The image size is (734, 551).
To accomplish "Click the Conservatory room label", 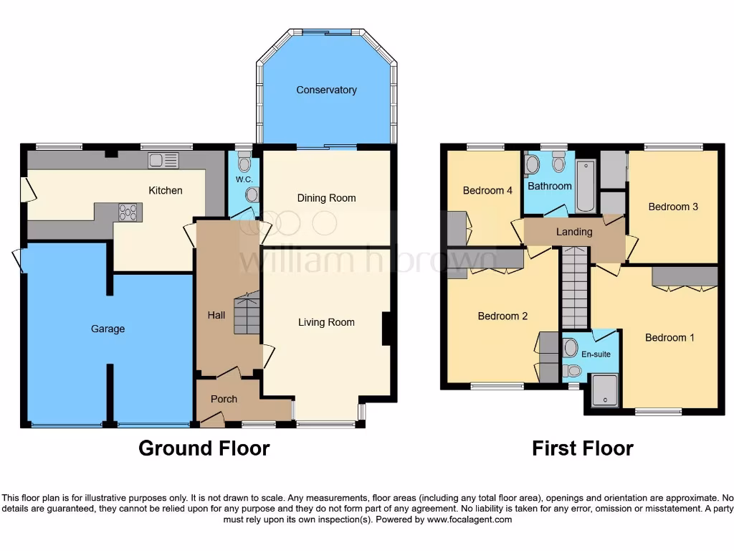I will (326, 90).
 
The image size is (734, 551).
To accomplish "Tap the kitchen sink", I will (163, 161).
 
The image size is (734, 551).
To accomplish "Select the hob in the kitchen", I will (128, 212).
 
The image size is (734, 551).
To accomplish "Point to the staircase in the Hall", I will (247, 314).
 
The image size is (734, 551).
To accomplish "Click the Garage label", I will (108, 329).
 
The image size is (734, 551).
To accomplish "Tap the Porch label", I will (224, 399).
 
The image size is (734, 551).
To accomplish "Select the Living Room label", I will (326, 323).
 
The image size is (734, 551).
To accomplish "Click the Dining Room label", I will (326, 198).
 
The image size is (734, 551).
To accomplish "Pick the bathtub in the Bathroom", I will (585, 186).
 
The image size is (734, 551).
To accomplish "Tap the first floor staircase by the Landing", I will (575, 287).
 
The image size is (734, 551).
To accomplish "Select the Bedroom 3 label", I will (673, 207).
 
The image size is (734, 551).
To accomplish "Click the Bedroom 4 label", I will (487, 191).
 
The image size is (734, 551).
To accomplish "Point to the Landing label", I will (574, 232).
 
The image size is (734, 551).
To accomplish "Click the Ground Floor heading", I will (204, 449).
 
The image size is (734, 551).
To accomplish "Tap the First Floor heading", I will (582, 449).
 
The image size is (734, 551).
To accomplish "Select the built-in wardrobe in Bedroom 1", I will (685, 276).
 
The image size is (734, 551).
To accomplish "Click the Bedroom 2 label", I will (503, 316).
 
